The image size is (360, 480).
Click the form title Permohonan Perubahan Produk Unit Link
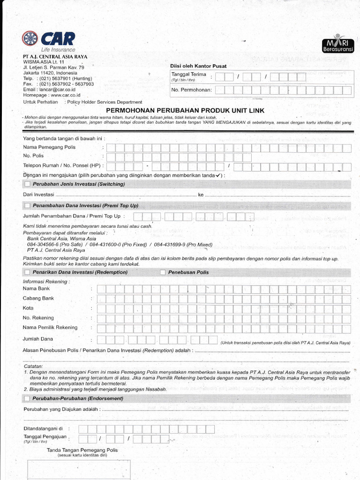186,110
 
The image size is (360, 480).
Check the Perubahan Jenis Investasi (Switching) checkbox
27,184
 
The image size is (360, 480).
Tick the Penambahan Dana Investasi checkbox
27,206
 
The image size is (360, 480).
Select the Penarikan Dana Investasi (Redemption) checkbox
27,272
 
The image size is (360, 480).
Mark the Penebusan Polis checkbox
163,272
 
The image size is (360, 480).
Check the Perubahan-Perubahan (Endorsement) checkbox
27,398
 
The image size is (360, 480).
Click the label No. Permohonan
191,90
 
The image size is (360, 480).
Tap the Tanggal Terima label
188,75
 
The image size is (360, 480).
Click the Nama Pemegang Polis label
49,148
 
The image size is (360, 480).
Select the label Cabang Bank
38,298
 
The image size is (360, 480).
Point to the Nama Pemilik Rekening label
50,328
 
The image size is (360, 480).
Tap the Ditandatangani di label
43,429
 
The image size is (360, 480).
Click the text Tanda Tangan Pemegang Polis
82,450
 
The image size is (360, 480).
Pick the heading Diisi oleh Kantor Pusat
198,67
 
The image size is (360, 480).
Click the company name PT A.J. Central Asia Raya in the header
55,57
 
